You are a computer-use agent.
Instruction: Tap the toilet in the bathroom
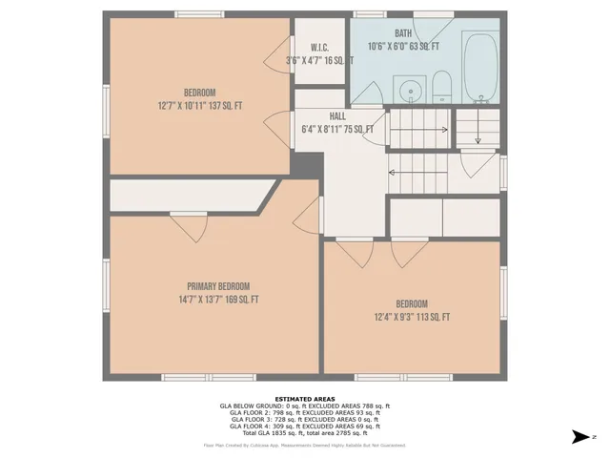pos(441,88)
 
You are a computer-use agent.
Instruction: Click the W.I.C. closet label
pos(319,47)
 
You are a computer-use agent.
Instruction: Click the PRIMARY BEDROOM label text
pos(217,286)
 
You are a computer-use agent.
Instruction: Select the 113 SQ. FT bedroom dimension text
pos(412,317)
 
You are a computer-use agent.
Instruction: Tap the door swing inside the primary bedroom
pos(188,227)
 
